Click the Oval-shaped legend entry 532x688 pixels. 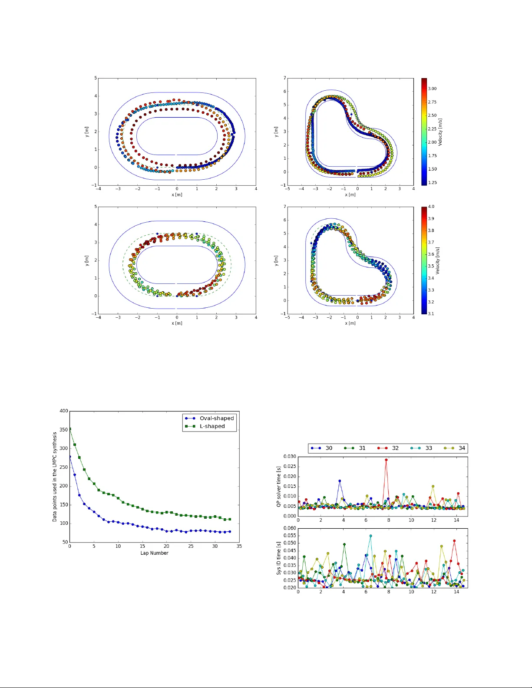(216, 418)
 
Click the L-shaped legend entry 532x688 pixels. (212, 426)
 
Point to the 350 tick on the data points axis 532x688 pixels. (64, 430)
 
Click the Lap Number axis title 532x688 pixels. (154, 553)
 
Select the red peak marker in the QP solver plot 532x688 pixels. (386, 460)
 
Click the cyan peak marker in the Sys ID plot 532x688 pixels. (370, 536)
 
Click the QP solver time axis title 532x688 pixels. (279, 487)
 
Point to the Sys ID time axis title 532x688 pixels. (279, 558)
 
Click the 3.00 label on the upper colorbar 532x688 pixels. (432, 89)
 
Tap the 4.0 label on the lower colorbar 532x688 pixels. (431, 207)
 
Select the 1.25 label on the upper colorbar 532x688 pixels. (432, 183)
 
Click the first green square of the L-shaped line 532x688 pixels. (70, 429)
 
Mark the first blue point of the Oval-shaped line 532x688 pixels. (70, 457)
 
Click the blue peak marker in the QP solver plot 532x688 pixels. (340, 481)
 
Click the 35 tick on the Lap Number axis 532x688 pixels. (239, 546)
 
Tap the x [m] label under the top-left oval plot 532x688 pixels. (177, 194)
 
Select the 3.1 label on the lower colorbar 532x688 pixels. (431, 313)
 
